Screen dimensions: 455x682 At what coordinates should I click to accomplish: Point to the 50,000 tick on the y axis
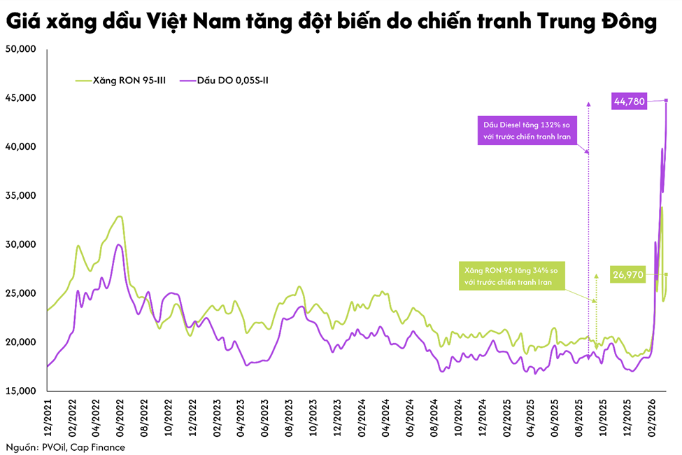[20, 50]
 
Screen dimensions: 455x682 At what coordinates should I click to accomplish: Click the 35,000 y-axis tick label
[20, 196]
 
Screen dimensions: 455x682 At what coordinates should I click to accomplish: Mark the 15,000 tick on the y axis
[20, 391]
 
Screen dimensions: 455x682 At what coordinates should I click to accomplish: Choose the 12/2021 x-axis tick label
[48, 419]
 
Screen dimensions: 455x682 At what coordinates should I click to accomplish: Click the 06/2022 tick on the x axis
[121, 419]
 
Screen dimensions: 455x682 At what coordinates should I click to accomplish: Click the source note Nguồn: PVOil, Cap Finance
[66, 446]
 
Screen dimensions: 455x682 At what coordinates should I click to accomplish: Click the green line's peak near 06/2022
[120, 216]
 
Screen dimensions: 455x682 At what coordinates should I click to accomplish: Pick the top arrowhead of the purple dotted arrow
[588, 104]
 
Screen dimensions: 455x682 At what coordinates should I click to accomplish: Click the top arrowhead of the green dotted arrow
[596, 276]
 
